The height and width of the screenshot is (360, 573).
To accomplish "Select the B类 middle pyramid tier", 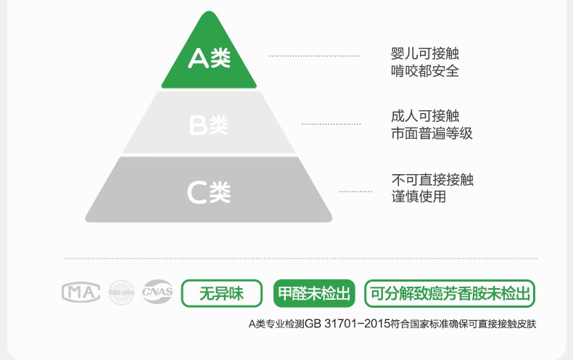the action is (209, 123).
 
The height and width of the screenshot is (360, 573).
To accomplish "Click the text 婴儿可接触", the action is (425, 54).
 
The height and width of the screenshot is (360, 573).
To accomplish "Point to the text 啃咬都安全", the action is (425, 71).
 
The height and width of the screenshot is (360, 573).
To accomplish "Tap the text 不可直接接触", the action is (432, 179).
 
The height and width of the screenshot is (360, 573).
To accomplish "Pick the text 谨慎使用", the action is (419, 197).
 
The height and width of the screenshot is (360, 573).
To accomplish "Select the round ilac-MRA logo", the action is (121, 293).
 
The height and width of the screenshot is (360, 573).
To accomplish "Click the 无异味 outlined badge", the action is (221, 294).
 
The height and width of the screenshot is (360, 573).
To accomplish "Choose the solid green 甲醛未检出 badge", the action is (315, 294).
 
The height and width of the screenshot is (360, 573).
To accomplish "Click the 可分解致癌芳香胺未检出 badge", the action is (450, 294).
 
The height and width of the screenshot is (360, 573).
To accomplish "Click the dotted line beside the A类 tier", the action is (314, 56).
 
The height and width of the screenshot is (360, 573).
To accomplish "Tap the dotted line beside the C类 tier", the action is (355, 192).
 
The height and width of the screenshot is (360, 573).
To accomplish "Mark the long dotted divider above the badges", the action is (301, 258).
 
